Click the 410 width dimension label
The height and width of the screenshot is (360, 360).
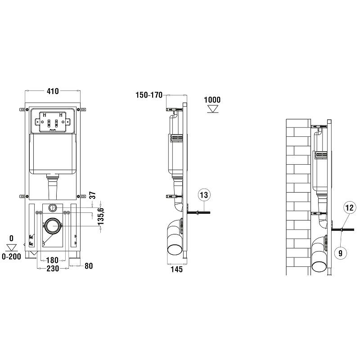pos(53,91)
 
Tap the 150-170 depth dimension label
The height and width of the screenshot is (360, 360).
pos(149,95)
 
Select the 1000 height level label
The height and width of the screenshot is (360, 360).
pos(212,99)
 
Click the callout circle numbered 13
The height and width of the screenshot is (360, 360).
pos(204,195)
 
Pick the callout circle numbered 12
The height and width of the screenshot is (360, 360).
pos(350,208)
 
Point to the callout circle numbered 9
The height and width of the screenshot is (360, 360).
pos(341,253)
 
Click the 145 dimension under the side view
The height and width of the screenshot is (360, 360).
pos(176,269)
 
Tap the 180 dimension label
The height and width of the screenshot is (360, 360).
pos(52,260)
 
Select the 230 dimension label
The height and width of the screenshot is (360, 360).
pos(53,268)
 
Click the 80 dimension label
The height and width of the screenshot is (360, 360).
pos(89,266)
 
